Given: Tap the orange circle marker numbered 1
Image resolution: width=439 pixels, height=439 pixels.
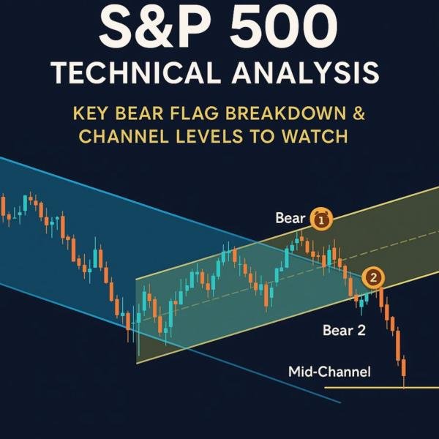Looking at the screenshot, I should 322,218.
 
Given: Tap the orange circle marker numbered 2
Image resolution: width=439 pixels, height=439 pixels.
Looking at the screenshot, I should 374,277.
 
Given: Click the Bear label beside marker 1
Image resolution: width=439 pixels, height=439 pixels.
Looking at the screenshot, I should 290,218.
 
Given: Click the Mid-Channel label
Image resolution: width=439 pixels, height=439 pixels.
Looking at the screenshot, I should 330,372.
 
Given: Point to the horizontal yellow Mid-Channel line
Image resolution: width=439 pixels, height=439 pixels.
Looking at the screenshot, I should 380,387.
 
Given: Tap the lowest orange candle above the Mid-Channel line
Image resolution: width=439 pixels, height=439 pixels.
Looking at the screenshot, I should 403,369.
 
